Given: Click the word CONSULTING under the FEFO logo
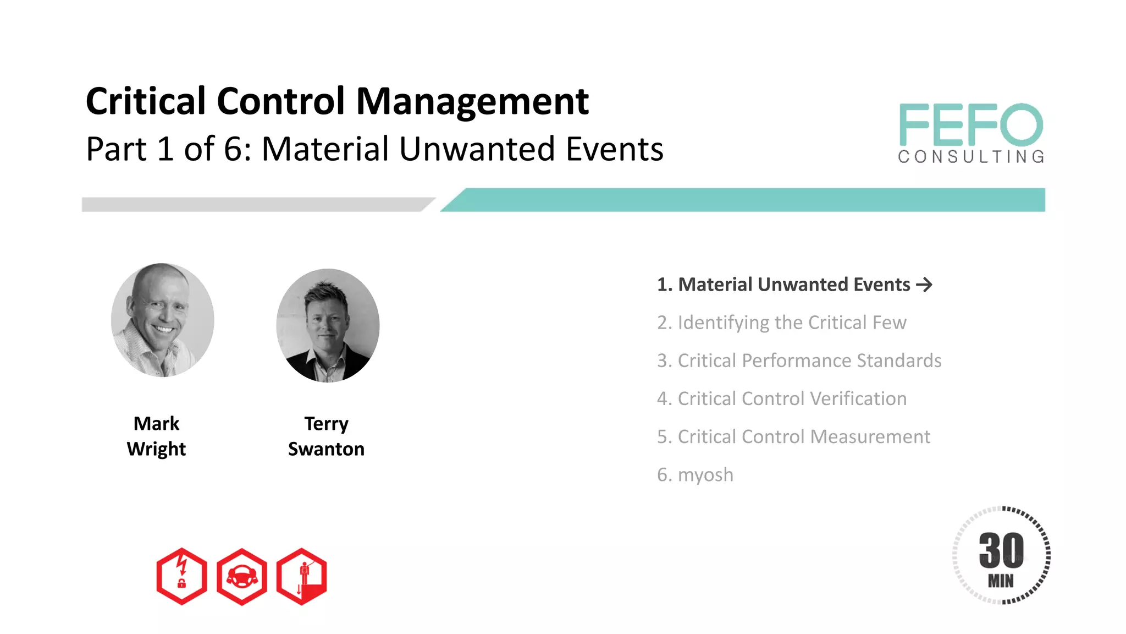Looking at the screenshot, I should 971,157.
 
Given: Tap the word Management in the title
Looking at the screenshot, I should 472,102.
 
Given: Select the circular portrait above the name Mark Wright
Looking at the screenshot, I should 162,320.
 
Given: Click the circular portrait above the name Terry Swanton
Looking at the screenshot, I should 328,325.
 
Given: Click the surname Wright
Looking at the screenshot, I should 156,449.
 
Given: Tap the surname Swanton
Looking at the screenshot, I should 326,449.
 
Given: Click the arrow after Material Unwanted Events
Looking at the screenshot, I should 924,285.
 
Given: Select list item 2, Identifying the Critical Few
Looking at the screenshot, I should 781,323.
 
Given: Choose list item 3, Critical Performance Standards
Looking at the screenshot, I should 799,360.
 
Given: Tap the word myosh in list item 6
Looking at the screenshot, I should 705,474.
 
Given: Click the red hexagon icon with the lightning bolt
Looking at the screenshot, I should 181,576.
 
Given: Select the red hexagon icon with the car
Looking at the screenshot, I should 242,576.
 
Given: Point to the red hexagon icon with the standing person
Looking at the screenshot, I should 302,576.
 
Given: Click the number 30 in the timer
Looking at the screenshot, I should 1001,550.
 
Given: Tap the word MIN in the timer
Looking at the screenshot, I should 1001,581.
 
